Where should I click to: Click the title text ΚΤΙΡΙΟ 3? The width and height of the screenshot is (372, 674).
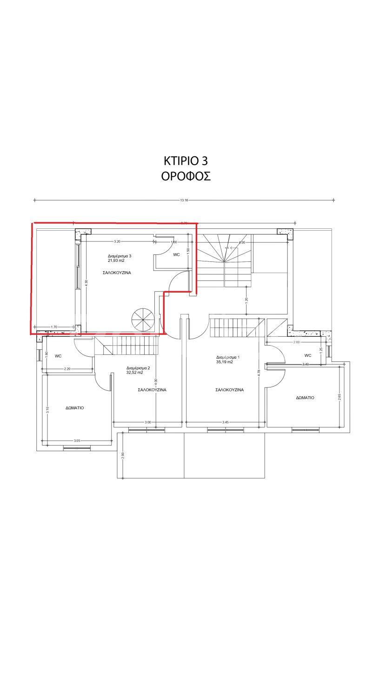point(186,161)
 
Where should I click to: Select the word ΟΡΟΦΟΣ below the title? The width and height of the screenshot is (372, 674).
point(186,177)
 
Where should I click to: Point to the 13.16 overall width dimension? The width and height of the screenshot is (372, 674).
point(184,200)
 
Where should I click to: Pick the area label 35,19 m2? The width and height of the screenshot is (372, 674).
point(225,361)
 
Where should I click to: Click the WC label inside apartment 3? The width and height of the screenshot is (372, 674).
point(176,255)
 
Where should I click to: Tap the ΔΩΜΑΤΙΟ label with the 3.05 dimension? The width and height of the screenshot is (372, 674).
point(74,407)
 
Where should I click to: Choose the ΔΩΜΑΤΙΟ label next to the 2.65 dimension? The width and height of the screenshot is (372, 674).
point(305,398)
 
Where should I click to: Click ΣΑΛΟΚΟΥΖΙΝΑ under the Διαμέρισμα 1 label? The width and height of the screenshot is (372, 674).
point(230,390)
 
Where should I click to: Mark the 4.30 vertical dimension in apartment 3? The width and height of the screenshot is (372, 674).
point(86,283)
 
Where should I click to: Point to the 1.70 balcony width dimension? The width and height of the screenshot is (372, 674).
point(54,327)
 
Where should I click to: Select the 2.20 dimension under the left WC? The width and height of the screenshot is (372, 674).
point(67,369)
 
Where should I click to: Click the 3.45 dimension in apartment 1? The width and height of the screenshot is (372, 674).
point(225,422)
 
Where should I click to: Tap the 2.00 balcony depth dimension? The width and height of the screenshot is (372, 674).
point(123,455)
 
